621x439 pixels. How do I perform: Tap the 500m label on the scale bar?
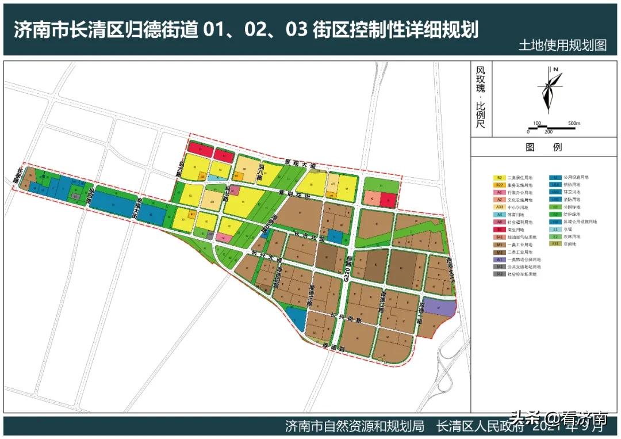(574, 123)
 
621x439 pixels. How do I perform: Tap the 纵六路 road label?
(181, 170)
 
